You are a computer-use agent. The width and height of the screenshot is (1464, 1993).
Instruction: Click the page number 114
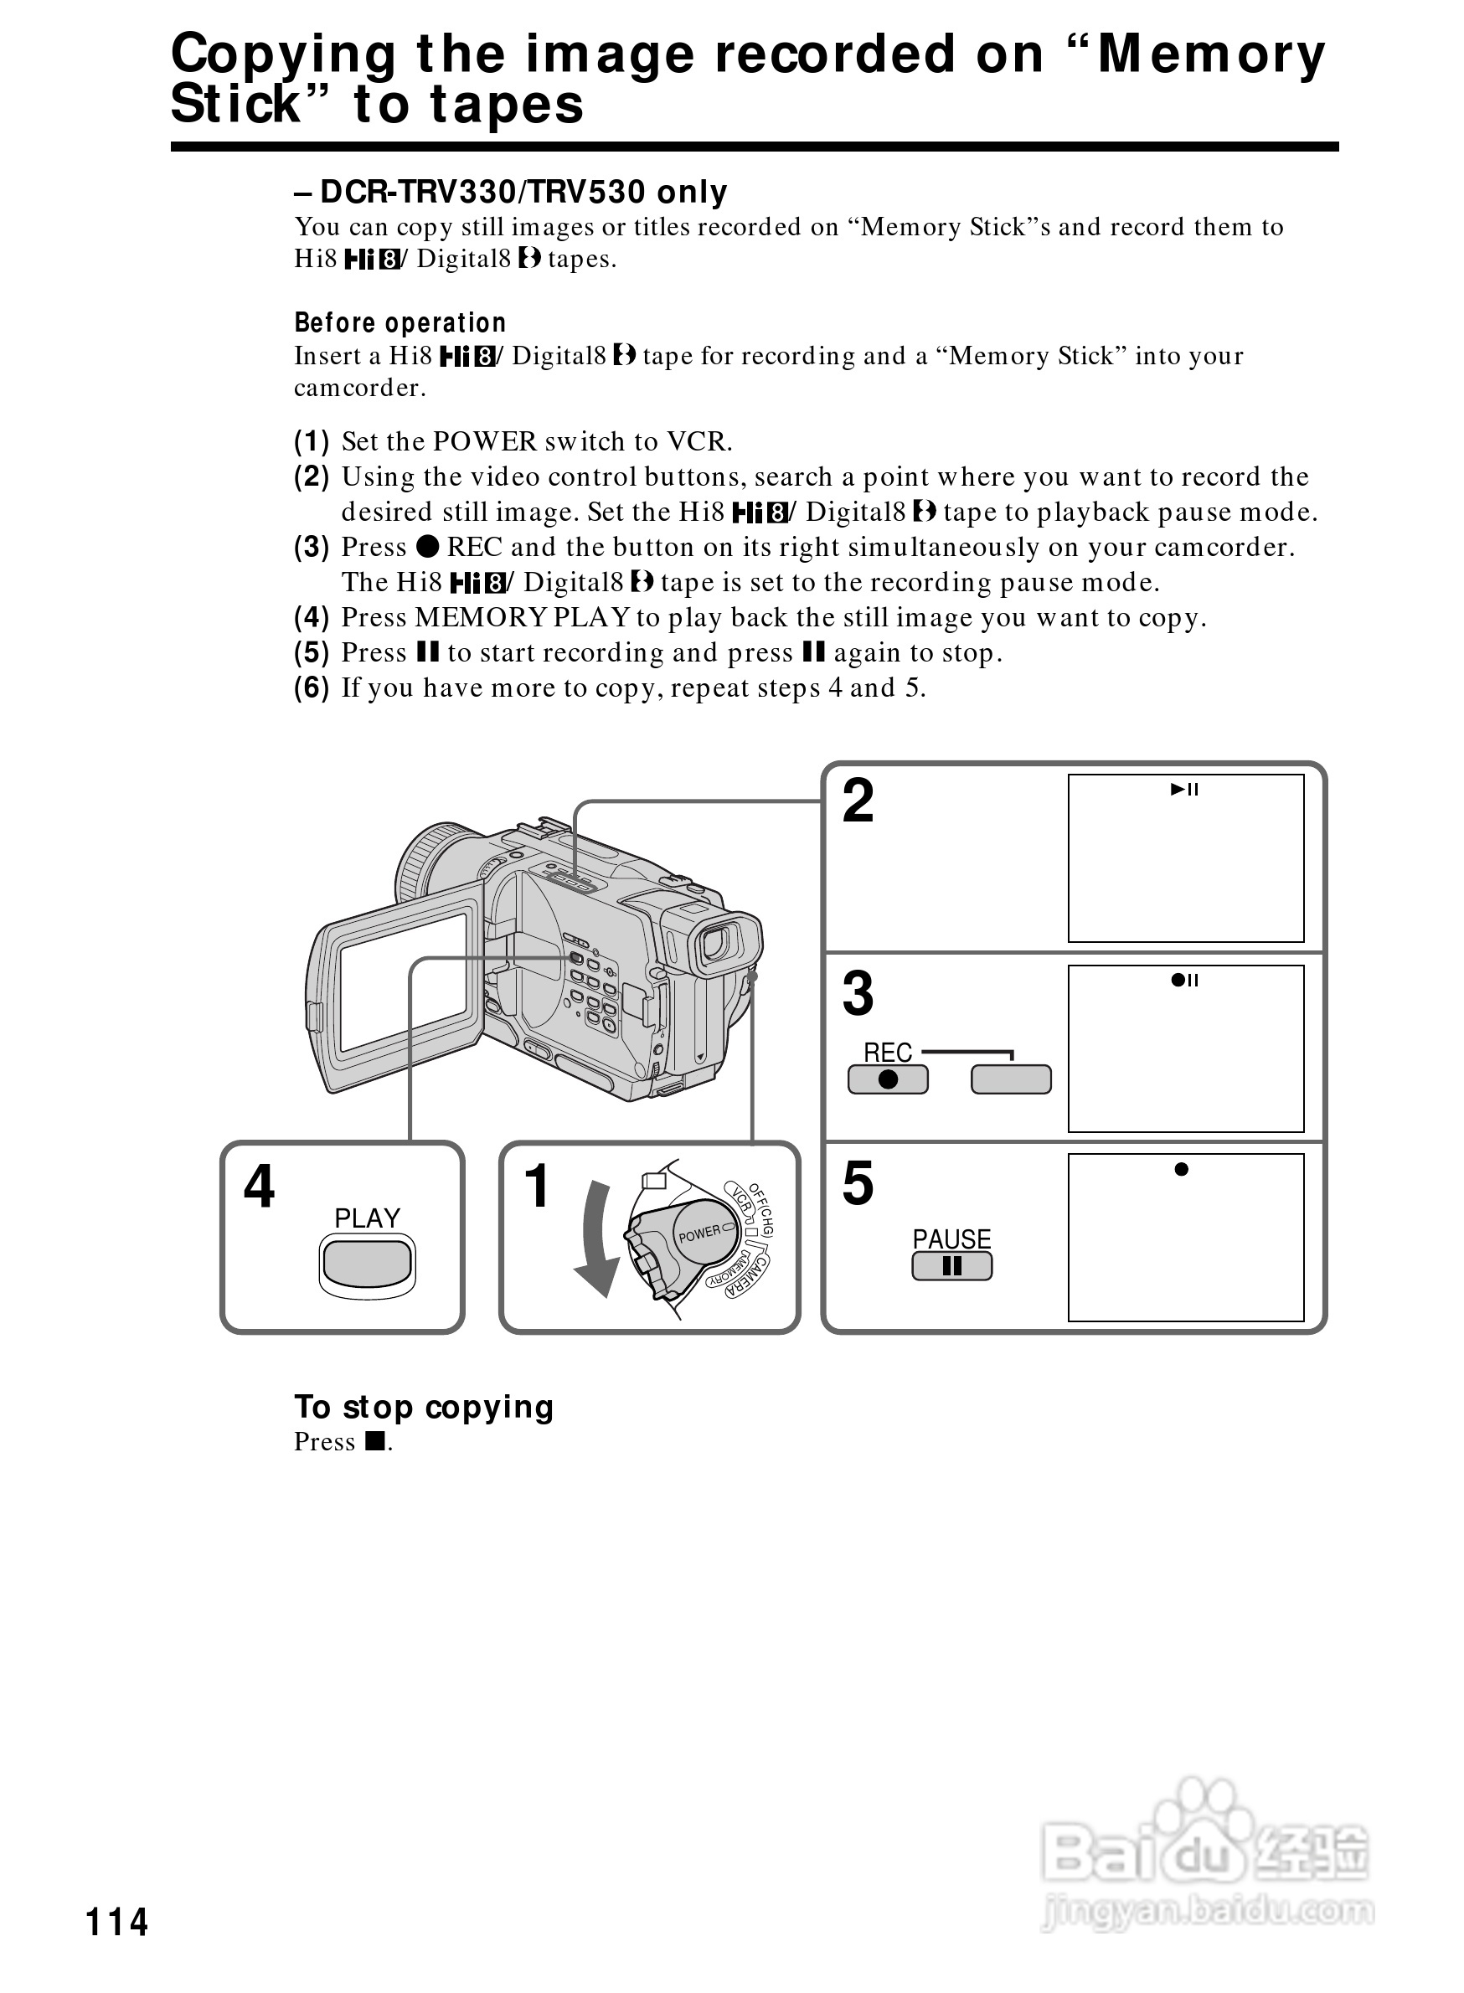pos(116,1921)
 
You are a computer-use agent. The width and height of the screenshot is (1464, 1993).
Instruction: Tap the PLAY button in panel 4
pos(367,1262)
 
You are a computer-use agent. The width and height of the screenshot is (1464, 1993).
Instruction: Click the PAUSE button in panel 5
pos(951,1266)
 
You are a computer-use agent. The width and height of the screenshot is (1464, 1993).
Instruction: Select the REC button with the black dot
pos(887,1079)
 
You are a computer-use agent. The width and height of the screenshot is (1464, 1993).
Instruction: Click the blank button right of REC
pos(1010,1079)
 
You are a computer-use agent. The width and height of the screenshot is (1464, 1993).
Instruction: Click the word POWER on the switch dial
pos(700,1233)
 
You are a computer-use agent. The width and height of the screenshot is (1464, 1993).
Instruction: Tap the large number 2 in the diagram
pos(858,801)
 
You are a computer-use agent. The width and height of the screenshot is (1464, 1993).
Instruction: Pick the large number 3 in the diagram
pos(858,993)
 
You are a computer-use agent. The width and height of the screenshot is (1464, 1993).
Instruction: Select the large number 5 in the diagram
pos(858,1183)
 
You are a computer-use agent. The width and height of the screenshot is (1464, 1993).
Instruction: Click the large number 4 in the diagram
pos(259,1186)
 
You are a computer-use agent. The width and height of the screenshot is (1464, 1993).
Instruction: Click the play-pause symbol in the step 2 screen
pos(1184,790)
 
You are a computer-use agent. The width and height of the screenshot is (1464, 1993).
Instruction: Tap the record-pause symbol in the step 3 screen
pos(1184,980)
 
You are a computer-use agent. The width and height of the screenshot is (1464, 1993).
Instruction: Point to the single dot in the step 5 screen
pos(1180,1169)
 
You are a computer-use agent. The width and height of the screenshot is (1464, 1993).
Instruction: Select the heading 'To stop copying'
pos(424,1406)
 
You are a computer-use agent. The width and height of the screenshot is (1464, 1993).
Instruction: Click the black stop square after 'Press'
pos(376,1442)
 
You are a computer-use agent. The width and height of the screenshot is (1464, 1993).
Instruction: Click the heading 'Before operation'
pos(400,322)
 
